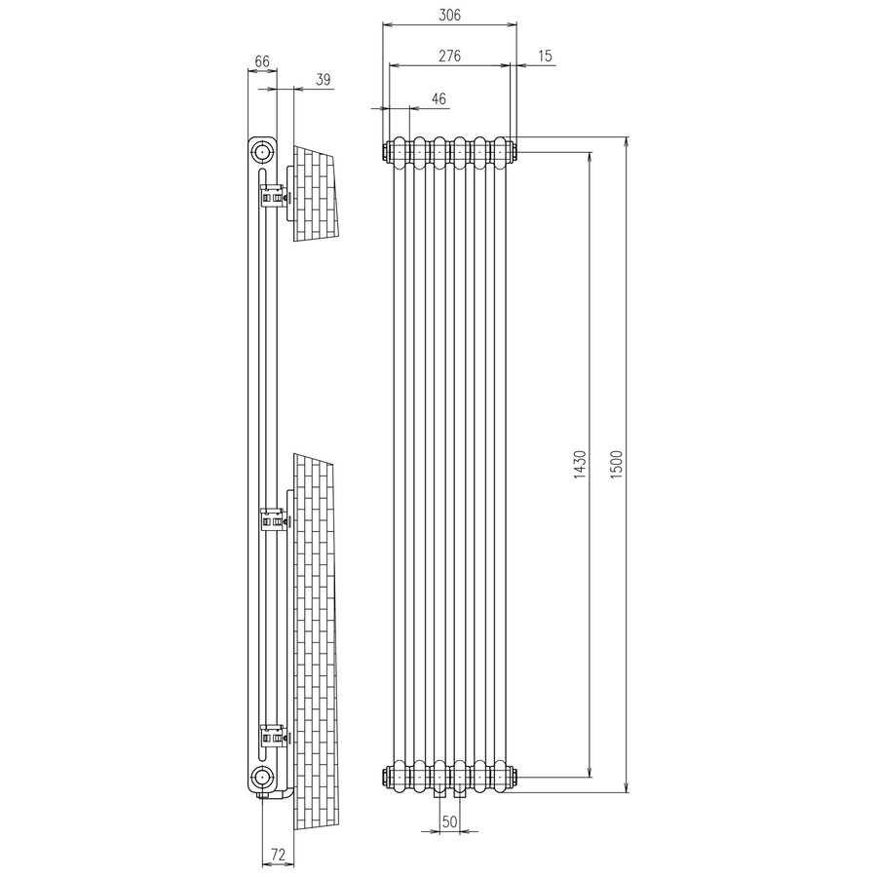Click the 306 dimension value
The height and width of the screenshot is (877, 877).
point(448,15)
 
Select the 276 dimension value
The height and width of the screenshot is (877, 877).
point(448,56)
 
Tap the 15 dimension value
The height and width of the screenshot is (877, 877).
point(544,56)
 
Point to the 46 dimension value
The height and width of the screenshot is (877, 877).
point(438,98)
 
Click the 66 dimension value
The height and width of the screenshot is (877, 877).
point(262,60)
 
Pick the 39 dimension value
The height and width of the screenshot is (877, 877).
point(323,80)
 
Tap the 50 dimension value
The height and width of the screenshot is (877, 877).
point(449,821)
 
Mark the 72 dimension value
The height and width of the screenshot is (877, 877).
point(277,855)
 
